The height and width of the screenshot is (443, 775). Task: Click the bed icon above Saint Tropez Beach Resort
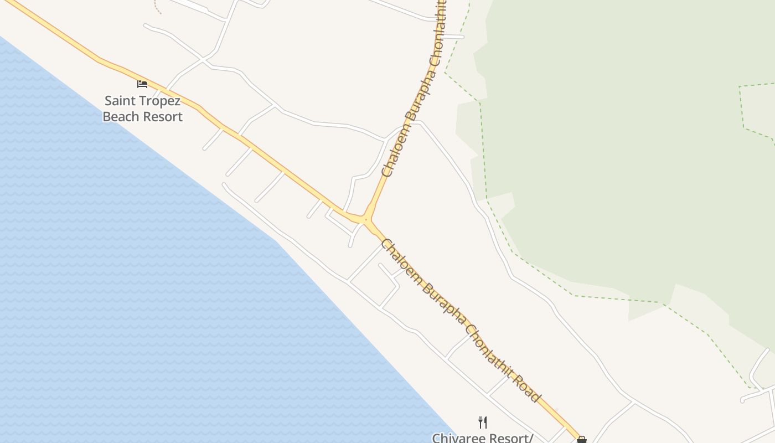coord(142,84)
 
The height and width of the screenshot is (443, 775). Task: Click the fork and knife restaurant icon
coord(483,423)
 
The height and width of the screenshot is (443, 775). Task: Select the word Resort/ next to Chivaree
coord(512,438)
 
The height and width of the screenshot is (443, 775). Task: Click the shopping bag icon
coord(581,440)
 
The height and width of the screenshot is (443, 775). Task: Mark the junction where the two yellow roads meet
coord(366,220)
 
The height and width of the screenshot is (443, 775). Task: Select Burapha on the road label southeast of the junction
coord(443,302)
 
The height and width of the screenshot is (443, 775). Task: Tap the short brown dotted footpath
coord(157,7)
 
